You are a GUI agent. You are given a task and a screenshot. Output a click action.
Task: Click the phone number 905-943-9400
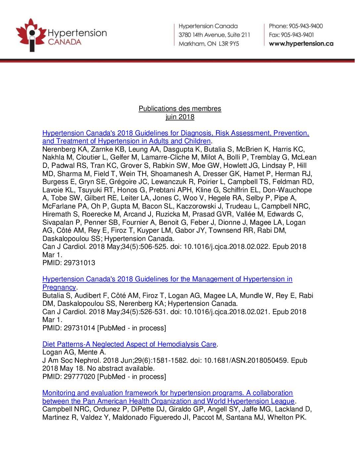tap(306, 26)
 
